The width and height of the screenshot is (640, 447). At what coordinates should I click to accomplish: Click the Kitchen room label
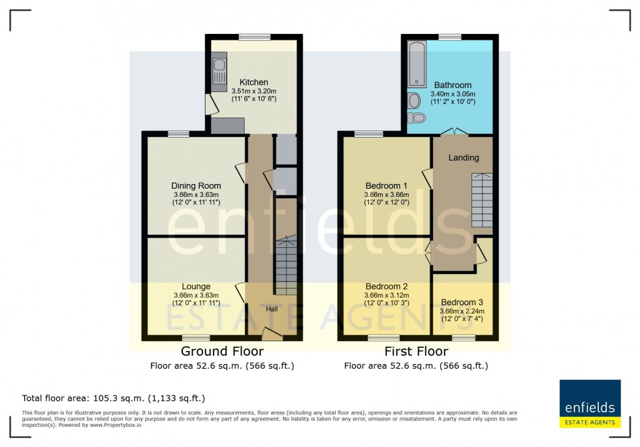254,82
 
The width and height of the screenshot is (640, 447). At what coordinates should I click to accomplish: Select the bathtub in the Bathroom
417,64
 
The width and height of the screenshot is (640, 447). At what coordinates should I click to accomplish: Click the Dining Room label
196,186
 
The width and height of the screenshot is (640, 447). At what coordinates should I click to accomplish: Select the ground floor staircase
285,266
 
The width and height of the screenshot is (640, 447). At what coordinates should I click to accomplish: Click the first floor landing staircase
481,200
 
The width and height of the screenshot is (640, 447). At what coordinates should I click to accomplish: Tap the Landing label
464,158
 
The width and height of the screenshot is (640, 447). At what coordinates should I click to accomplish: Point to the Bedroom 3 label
462,302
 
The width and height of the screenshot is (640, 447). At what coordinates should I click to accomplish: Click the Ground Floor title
222,352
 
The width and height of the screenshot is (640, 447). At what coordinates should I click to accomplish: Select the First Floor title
416,352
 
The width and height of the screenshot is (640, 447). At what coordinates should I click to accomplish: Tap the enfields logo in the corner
588,404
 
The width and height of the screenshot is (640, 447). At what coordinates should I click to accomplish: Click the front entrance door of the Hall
272,335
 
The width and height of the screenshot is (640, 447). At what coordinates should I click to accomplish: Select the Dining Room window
178,134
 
